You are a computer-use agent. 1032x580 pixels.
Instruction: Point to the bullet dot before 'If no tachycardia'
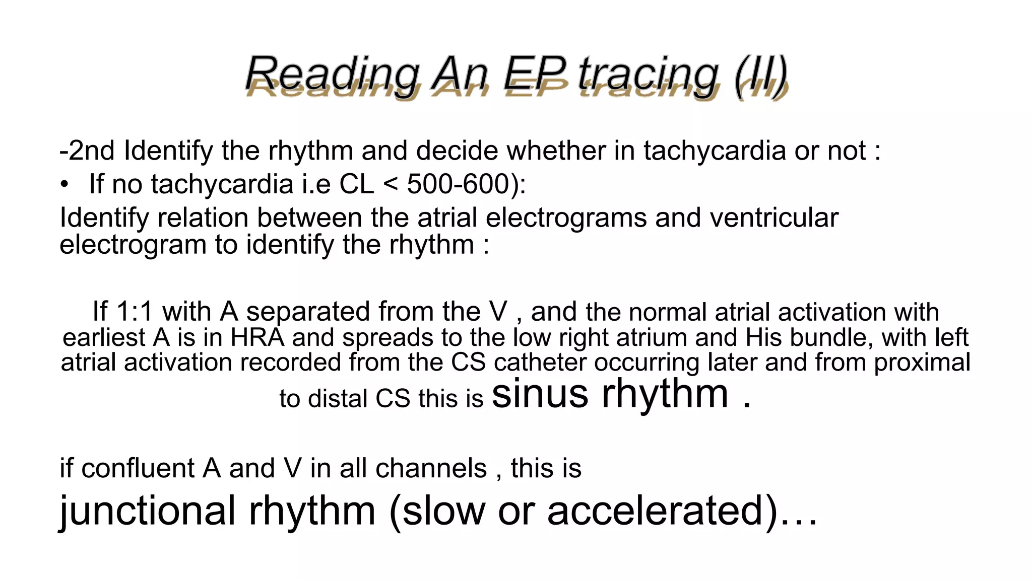click(x=64, y=185)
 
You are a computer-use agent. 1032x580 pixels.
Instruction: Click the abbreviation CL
click(x=357, y=184)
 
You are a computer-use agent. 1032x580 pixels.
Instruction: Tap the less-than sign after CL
click(x=391, y=185)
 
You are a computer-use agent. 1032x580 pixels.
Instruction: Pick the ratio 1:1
click(x=135, y=312)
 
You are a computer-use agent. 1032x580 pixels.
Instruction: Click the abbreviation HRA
click(x=257, y=337)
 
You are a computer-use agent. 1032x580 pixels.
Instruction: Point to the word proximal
click(x=922, y=362)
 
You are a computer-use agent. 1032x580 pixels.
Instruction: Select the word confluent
click(x=138, y=468)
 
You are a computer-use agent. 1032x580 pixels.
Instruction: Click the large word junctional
click(x=148, y=511)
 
